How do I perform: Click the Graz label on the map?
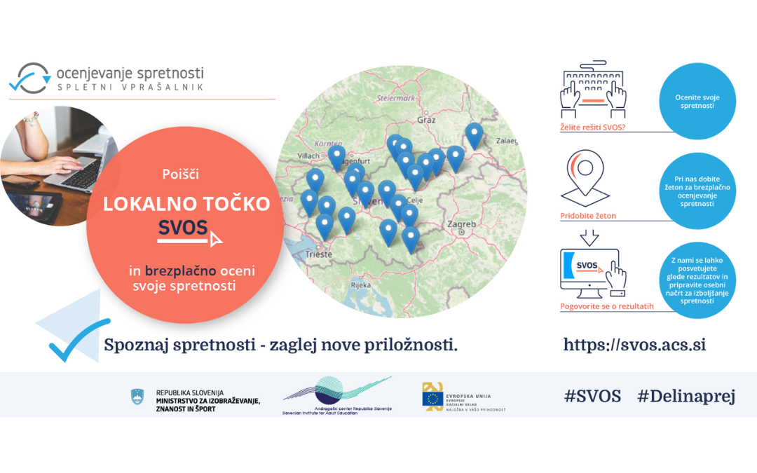pyautogui.click(x=426, y=120)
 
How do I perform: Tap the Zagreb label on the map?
pyautogui.click(x=461, y=225)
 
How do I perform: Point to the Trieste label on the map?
pyautogui.click(x=319, y=254)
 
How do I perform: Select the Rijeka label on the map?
pyautogui.click(x=360, y=286)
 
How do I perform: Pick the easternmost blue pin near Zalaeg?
pyautogui.click(x=475, y=135)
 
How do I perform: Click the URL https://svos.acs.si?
pyautogui.click(x=634, y=345)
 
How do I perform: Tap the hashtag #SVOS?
pyautogui.click(x=592, y=396)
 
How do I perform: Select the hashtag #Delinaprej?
pyautogui.click(x=686, y=396)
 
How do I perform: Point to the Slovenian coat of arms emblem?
pyautogui.click(x=137, y=397)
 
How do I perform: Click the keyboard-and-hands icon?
pyautogui.click(x=593, y=92)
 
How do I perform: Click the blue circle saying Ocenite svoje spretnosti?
pyautogui.click(x=697, y=102)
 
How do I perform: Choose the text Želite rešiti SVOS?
pyautogui.click(x=592, y=128)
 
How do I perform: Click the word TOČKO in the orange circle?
pyautogui.click(x=234, y=204)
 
